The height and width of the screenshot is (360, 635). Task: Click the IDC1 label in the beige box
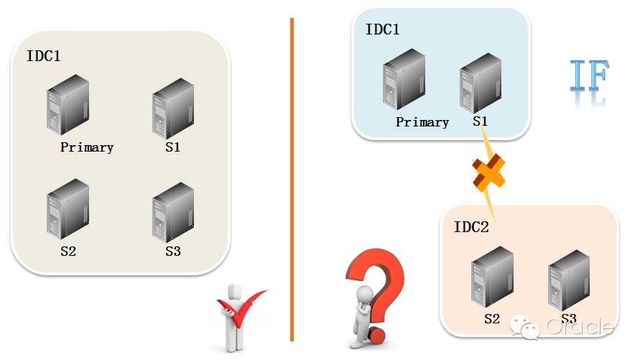pos(44,55)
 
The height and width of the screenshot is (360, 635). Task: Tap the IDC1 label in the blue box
pos(382,29)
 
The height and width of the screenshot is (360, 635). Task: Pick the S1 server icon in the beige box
pos(173,109)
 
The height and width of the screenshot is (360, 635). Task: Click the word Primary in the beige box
pos(87,147)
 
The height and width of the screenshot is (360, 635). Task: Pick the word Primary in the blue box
pos(422,122)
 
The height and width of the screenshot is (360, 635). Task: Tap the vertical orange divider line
pos(292,180)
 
